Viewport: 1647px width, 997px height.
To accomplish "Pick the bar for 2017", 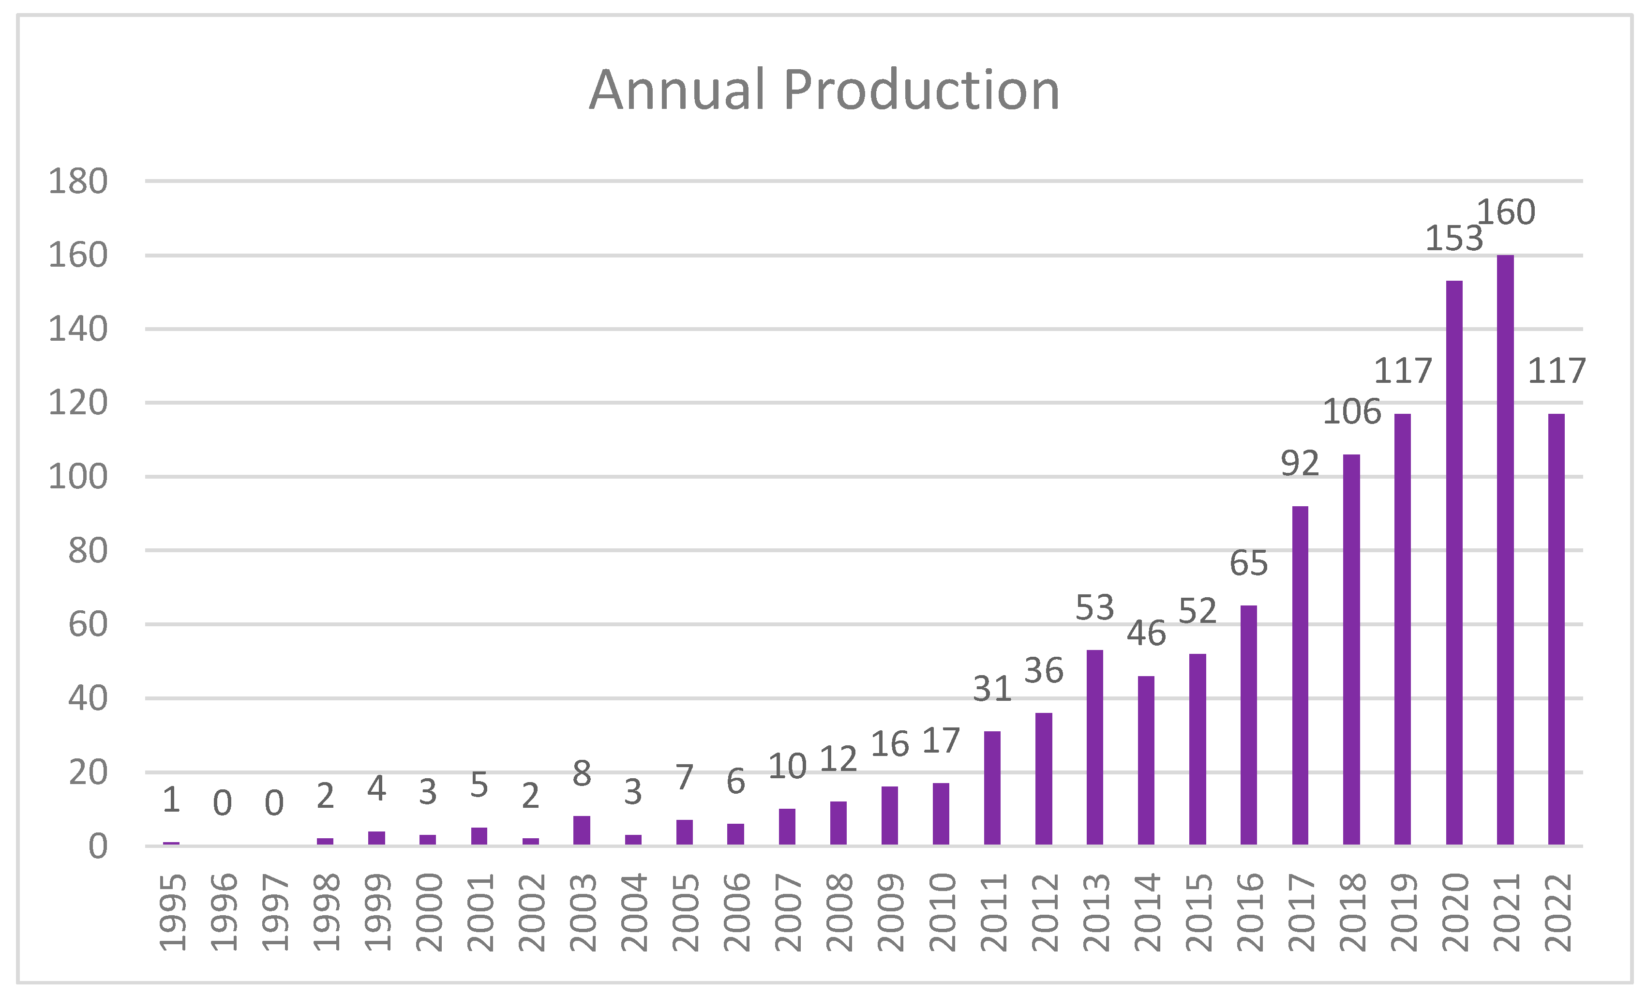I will tap(1300, 675).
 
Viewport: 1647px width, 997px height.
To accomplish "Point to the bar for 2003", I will tap(582, 830).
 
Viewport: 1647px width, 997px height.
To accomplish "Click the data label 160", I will tap(1506, 212).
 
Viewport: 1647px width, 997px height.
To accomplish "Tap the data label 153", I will tap(1454, 239).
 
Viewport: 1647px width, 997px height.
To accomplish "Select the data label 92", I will tap(1300, 463).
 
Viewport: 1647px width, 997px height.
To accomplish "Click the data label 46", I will tap(1146, 633).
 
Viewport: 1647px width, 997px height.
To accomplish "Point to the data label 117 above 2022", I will tap(1557, 371).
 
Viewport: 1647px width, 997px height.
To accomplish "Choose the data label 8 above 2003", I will tap(582, 774).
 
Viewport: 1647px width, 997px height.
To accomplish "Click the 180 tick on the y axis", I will tap(77, 182).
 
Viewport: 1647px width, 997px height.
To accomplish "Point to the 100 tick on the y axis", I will tap(77, 477).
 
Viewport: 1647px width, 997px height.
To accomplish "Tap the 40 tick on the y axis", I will tap(88, 699).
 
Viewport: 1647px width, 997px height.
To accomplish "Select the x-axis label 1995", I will tap(172, 912).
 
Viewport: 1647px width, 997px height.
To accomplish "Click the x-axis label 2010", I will tap(942, 912).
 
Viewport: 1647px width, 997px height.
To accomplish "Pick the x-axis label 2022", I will tap(1557, 912).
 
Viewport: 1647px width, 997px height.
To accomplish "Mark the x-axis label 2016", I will tap(1249, 912).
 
